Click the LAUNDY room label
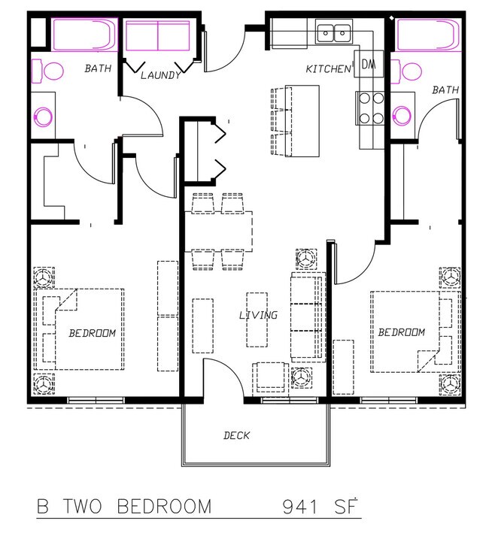(x=160, y=75)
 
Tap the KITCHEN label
(x=328, y=69)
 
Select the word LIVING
(x=258, y=315)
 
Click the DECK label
(x=236, y=435)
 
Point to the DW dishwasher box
(x=369, y=64)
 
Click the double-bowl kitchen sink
(x=335, y=32)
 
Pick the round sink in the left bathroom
(x=44, y=117)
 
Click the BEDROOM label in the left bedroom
(x=93, y=333)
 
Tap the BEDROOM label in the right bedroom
(x=401, y=332)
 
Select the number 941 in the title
(x=304, y=507)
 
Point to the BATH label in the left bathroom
(x=97, y=68)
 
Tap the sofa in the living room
(x=306, y=316)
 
